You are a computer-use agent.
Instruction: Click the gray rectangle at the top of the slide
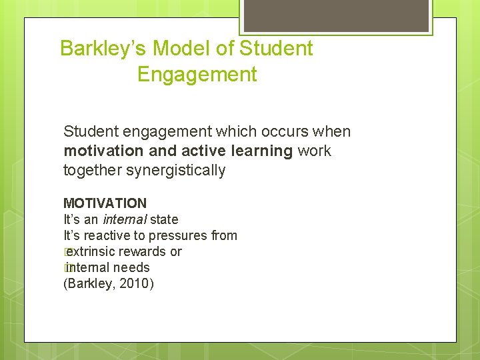(335, 15)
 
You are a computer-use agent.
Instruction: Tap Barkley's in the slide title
(103, 49)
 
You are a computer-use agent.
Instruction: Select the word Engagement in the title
(197, 75)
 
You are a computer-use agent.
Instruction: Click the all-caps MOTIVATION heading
(105, 203)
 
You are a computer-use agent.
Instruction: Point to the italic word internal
(125, 219)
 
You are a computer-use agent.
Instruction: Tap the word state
(164, 219)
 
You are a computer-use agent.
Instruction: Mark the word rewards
(147, 251)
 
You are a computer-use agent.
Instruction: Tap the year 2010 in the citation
(135, 284)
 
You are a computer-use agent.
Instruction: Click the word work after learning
(314, 151)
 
